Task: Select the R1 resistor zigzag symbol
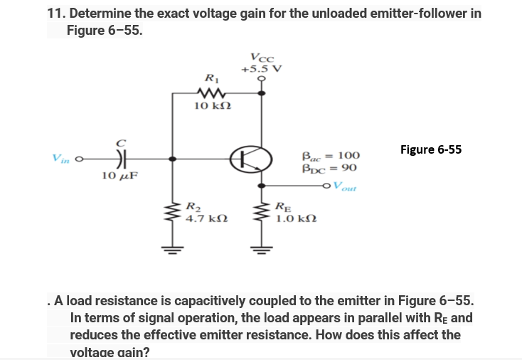(x=211, y=92)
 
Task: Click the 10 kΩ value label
(x=211, y=107)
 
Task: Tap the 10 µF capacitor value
(x=119, y=175)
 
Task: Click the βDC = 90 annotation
(x=329, y=169)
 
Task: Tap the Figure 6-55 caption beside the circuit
(x=430, y=149)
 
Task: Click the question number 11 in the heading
(x=55, y=14)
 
